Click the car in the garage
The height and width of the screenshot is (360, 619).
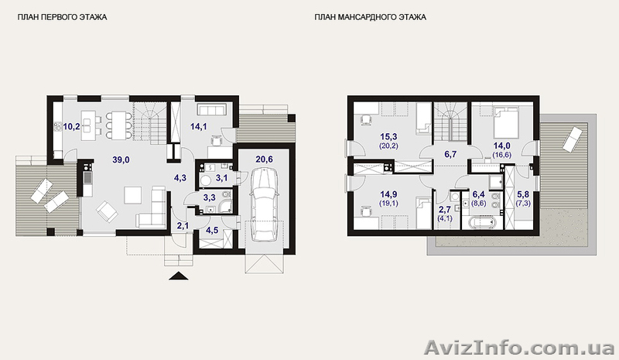pos(264,204)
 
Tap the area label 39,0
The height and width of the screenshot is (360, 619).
pos(121,159)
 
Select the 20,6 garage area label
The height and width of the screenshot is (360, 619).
pos(264,159)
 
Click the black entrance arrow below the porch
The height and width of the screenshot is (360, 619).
pos(179,276)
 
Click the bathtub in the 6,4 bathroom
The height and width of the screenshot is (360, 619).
pos(481,222)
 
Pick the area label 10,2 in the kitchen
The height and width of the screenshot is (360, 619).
pos(71,127)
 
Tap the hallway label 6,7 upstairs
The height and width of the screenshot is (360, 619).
pos(450,154)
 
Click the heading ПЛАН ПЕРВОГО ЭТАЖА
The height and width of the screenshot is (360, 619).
pos(62,17)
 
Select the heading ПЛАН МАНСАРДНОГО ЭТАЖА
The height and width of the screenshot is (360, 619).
pos(371,17)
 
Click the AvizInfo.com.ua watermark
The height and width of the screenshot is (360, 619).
pos(518,348)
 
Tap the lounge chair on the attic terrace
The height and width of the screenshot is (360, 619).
pos(572,139)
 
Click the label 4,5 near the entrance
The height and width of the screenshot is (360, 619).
pos(212,231)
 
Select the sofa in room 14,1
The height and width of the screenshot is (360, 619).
pos(211,109)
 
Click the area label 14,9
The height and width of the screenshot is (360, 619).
pos(389,194)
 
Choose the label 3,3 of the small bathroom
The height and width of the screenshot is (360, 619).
pos(209,197)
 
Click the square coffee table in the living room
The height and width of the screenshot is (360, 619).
pos(133,195)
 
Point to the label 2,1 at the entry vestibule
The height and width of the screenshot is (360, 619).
pos(182,225)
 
